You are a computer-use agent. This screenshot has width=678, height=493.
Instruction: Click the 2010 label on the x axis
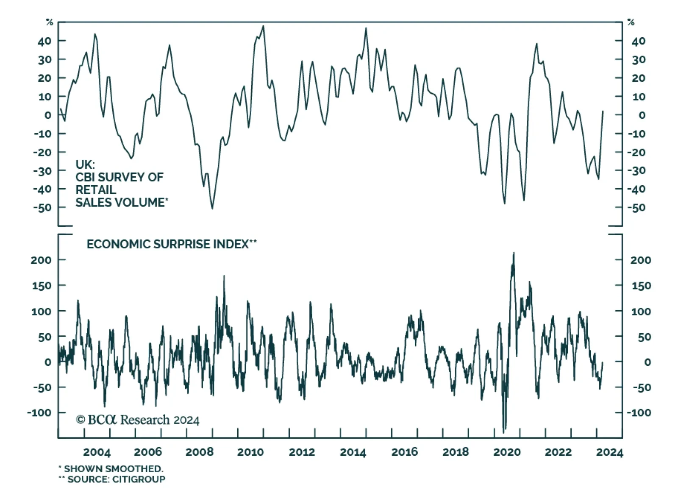tap(250, 452)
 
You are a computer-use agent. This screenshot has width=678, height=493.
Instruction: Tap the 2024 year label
tap(609, 452)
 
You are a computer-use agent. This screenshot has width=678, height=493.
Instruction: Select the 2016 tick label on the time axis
tap(404, 452)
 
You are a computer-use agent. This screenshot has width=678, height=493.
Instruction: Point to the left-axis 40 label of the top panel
tap(44, 41)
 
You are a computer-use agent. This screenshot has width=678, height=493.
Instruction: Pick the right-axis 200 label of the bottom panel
tap(640, 260)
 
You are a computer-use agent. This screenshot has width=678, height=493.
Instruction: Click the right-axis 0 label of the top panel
tap(642, 115)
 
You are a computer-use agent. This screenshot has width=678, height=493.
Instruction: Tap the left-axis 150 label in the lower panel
tap(42, 286)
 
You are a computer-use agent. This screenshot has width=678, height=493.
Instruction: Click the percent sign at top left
tap(50, 22)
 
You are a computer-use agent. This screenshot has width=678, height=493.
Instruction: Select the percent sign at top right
tap(631, 22)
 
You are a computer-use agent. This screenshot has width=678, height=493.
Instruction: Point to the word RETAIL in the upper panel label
tap(96, 189)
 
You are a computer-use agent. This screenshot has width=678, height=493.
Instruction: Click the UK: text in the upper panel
tap(85, 164)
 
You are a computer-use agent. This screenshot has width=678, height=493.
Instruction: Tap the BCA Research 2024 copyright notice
tap(138, 420)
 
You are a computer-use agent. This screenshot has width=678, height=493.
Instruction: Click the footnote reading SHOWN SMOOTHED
tap(113, 469)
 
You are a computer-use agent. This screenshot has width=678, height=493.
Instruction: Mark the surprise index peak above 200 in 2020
tap(514, 253)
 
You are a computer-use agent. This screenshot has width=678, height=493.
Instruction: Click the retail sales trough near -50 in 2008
tap(212, 208)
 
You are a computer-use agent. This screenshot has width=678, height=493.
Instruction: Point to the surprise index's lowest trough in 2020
tap(504, 432)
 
